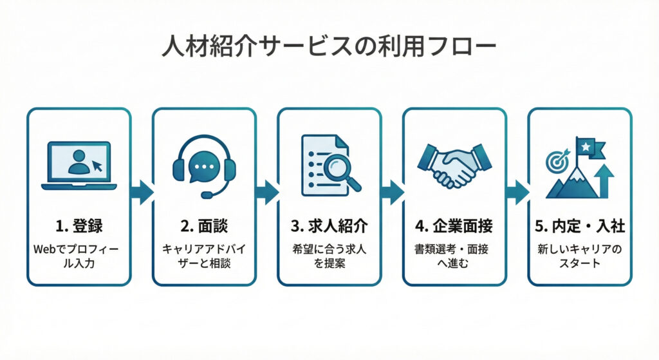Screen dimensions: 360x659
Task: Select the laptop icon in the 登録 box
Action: [79, 166]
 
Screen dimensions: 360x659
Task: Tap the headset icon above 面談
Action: [204, 166]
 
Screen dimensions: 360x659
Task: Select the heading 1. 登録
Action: [79, 227]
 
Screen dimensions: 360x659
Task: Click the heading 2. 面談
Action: [204, 227]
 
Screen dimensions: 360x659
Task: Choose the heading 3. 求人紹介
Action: [329, 227]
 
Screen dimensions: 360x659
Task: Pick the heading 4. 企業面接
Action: [454, 227]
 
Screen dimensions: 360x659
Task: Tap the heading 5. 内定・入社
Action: [579, 227]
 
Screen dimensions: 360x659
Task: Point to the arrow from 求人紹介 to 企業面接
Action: [392, 191]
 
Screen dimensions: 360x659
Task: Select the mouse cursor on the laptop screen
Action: [98, 166]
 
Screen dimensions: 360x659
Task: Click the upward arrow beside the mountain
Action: [605, 181]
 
